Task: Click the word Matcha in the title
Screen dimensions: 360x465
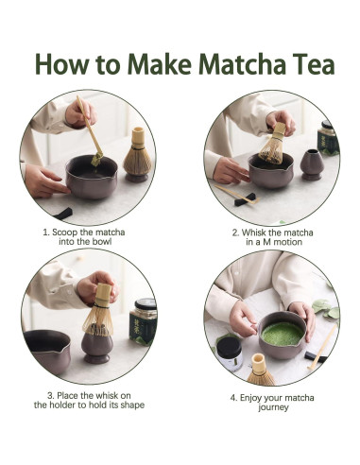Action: click(x=242, y=64)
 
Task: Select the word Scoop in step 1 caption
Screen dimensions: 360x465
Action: click(x=64, y=232)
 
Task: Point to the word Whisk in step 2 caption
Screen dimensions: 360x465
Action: click(x=253, y=232)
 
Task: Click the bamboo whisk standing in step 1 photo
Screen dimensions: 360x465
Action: click(x=138, y=154)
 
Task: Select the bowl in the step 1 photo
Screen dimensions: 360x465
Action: click(x=92, y=177)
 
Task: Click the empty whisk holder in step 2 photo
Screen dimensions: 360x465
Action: click(x=311, y=164)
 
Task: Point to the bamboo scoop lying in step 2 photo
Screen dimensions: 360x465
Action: click(x=238, y=195)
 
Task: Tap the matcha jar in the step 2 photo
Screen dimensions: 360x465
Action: click(x=328, y=137)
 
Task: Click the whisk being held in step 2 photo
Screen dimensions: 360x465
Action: click(x=273, y=144)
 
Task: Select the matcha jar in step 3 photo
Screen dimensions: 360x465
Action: click(x=144, y=321)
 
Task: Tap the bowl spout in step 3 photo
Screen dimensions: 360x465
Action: click(x=66, y=350)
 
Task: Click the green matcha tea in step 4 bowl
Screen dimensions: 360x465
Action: click(x=283, y=334)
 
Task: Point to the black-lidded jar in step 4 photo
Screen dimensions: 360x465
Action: click(x=230, y=353)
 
